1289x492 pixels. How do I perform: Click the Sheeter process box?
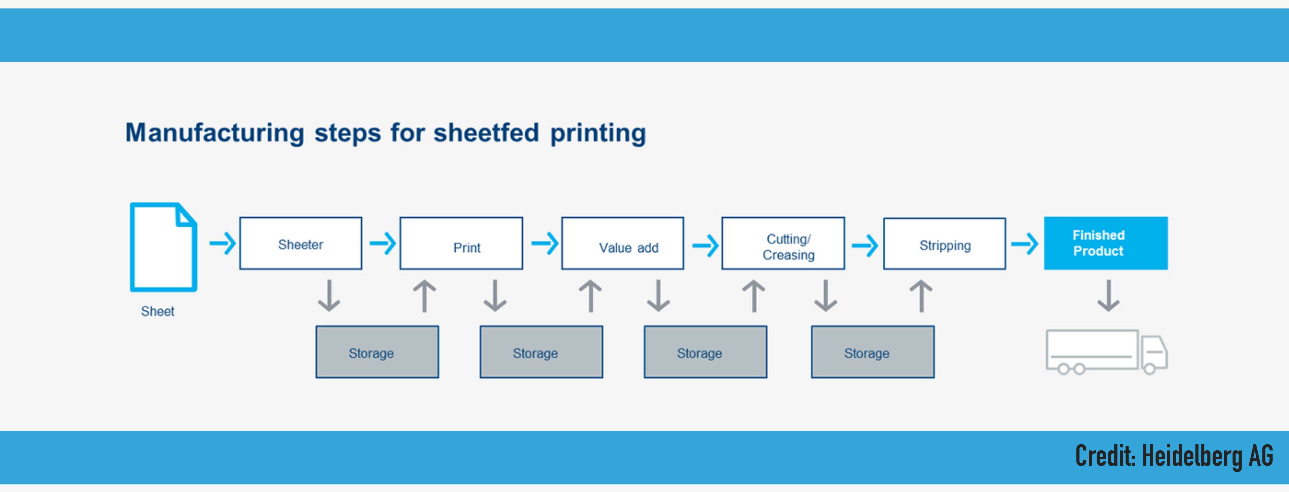coord(301,243)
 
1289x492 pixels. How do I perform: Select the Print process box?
coord(461,243)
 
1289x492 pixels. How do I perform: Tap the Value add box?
coord(622,243)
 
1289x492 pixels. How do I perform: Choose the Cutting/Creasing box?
coord(783,243)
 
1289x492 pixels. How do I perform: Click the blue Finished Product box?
coord(1106,243)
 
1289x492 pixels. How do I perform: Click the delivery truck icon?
coord(1107,352)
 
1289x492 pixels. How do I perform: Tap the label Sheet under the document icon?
coord(158,311)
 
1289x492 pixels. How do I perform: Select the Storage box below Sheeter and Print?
coord(377,352)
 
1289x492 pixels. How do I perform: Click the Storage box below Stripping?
coord(873,352)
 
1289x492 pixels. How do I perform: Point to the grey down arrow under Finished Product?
coord(1108,296)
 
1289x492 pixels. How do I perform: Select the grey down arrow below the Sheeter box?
coord(329,296)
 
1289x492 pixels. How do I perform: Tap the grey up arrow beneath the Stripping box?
coord(921,296)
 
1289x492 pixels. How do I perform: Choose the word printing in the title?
coord(598,134)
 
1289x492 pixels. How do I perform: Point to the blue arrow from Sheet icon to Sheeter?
coord(222,244)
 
